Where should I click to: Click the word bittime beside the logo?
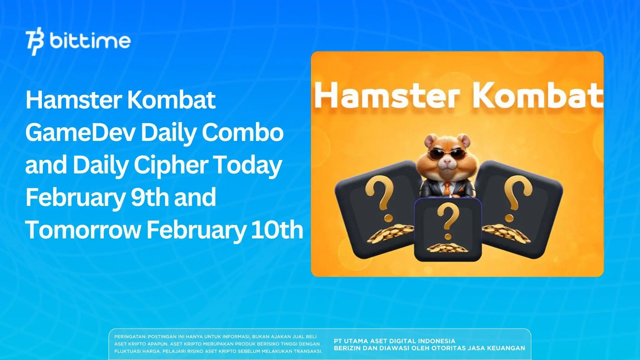[x=90, y=41]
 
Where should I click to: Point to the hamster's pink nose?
[x=448, y=161]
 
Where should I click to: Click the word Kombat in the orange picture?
[x=537, y=95]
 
